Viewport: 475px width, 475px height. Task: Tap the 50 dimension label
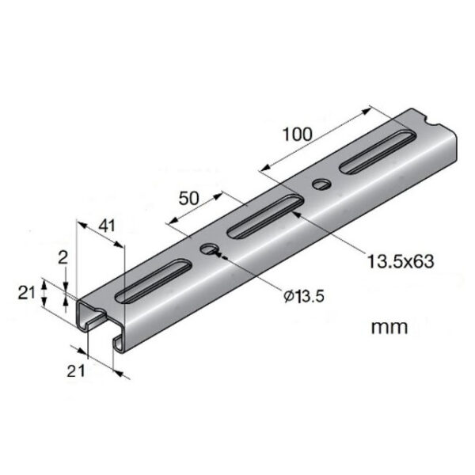pyautogui.click(x=188, y=198)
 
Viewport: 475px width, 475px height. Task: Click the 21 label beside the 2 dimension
pyautogui.click(x=27, y=292)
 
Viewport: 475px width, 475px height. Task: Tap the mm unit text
pyautogui.click(x=389, y=327)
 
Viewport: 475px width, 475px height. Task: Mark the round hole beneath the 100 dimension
pyautogui.click(x=321, y=185)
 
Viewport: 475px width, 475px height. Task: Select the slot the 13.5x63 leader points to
pyautogui.click(x=263, y=220)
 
